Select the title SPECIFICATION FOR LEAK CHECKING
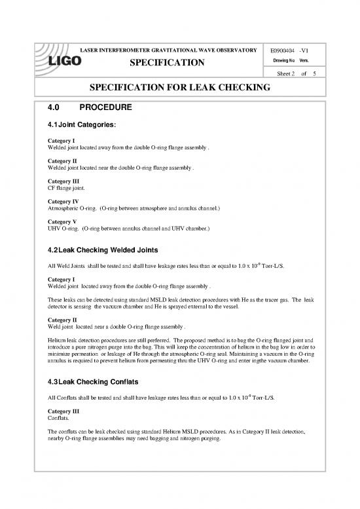tap(180, 88)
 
